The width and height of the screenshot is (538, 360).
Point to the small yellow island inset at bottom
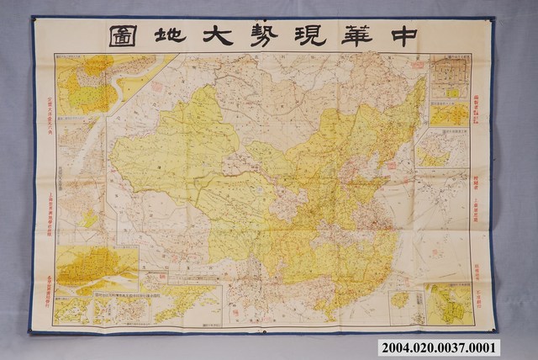(x=401, y=300)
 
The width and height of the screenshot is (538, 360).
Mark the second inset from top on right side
(x=449, y=114)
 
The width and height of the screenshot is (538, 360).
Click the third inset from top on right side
(x=441, y=148)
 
